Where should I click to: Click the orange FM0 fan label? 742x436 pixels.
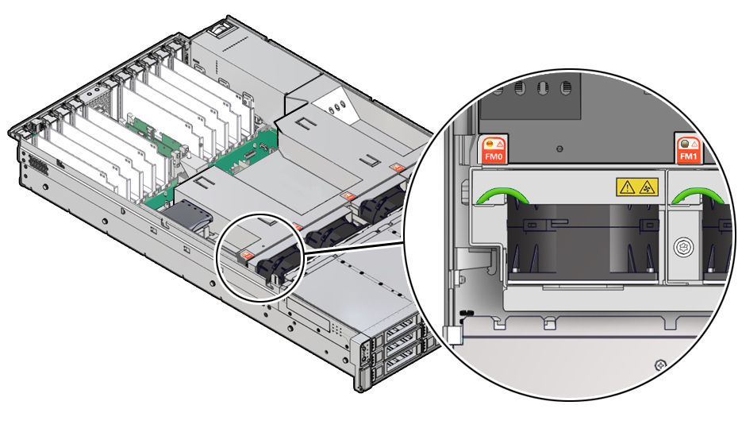click(x=494, y=149)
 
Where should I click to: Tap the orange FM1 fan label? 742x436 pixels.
click(x=688, y=149)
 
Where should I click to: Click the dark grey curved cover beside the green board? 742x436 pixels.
click(x=188, y=214)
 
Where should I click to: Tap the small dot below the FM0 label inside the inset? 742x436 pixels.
click(x=560, y=148)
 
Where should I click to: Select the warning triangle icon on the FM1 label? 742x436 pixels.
click(x=694, y=144)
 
